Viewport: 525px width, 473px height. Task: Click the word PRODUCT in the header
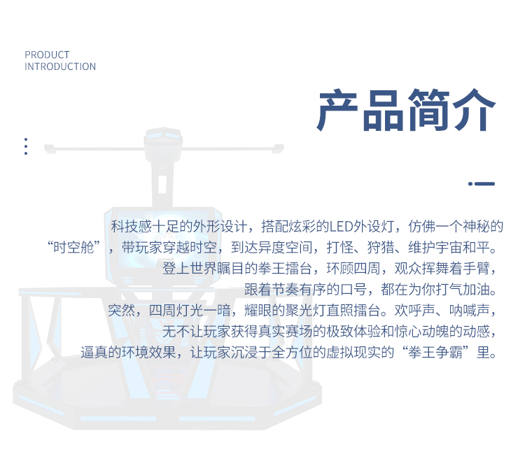click(x=47, y=55)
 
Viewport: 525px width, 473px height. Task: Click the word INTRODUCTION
click(x=60, y=66)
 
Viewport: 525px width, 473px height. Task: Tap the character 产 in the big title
click(x=337, y=110)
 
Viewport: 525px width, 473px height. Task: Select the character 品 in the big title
click(x=384, y=110)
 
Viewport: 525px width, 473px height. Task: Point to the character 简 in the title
click(x=428, y=110)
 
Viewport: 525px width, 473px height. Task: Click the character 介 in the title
click(x=474, y=110)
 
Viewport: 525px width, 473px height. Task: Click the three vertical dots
click(x=26, y=146)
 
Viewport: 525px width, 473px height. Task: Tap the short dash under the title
click(x=482, y=183)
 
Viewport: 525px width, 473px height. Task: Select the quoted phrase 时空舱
click(x=73, y=248)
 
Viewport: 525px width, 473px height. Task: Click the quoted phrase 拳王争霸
click(x=435, y=352)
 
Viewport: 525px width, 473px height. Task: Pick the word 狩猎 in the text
click(x=381, y=248)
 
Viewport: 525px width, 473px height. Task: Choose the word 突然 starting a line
click(x=121, y=310)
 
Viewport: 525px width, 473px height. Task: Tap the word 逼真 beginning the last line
click(x=94, y=352)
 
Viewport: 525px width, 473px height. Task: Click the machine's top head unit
click(x=163, y=137)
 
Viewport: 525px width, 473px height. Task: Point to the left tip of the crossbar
click(x=45, y=148)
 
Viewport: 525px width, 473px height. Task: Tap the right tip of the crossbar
click(x=283, y=147)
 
